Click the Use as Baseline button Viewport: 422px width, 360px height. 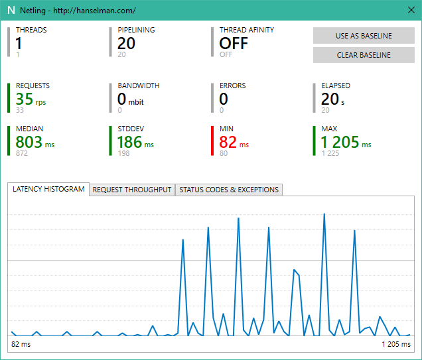coord(364,36)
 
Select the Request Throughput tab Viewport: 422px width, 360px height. coord(132,190)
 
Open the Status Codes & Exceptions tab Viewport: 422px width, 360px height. coord(229,190)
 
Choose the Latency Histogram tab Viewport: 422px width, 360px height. coord(48,189)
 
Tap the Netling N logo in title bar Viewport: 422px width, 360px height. coord(10,11)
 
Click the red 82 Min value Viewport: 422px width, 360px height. coord(228,141)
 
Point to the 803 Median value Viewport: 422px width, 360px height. coord(29,141)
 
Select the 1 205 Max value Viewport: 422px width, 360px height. coord(340,141)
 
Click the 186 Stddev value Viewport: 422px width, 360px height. coord(129,141)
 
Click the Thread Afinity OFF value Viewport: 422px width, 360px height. coord(234,43)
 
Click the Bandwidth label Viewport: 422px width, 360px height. coord(138,86)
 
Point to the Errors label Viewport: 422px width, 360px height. coord(232,86)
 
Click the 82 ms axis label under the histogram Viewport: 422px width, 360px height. coord(21,345)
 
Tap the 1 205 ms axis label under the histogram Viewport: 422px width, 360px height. coord(395,345)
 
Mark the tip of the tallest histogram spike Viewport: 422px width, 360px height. coord(324,213)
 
